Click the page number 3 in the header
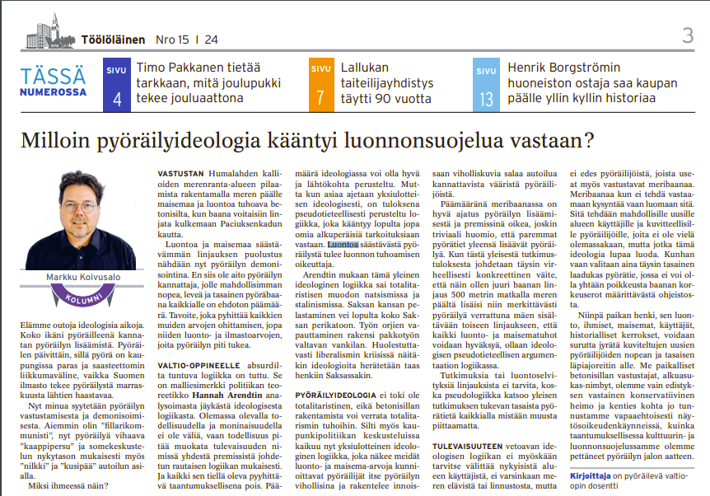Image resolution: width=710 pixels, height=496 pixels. [x=688, y=35]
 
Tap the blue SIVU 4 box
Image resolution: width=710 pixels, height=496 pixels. [x=117, y=86]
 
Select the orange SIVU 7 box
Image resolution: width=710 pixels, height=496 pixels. [x=319, y=86]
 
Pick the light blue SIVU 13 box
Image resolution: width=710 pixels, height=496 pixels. [x=487, y=86]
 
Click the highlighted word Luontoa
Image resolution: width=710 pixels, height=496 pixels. [x=341, y=245]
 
